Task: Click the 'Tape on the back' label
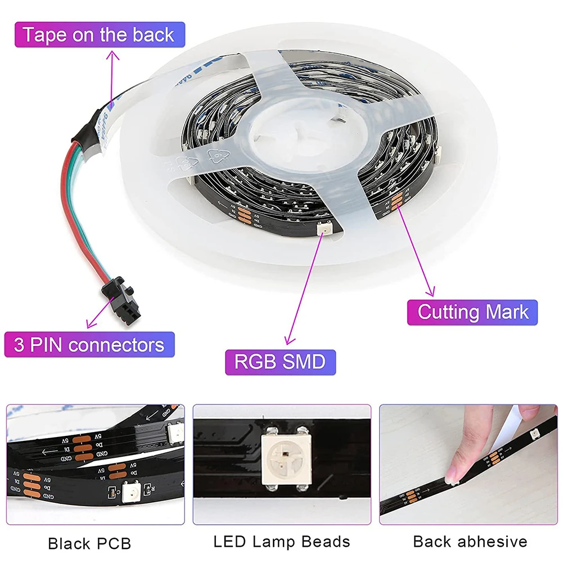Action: click(98, 35)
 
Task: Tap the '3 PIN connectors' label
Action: click(89, 344)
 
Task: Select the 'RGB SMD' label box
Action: click(280, 362)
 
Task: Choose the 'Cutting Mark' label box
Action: click(472, 312)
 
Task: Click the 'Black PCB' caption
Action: click(89, 543)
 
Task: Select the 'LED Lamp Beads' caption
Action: click(282, 542)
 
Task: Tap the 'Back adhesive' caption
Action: click(470, 542)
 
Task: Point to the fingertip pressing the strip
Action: click(453, 476)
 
